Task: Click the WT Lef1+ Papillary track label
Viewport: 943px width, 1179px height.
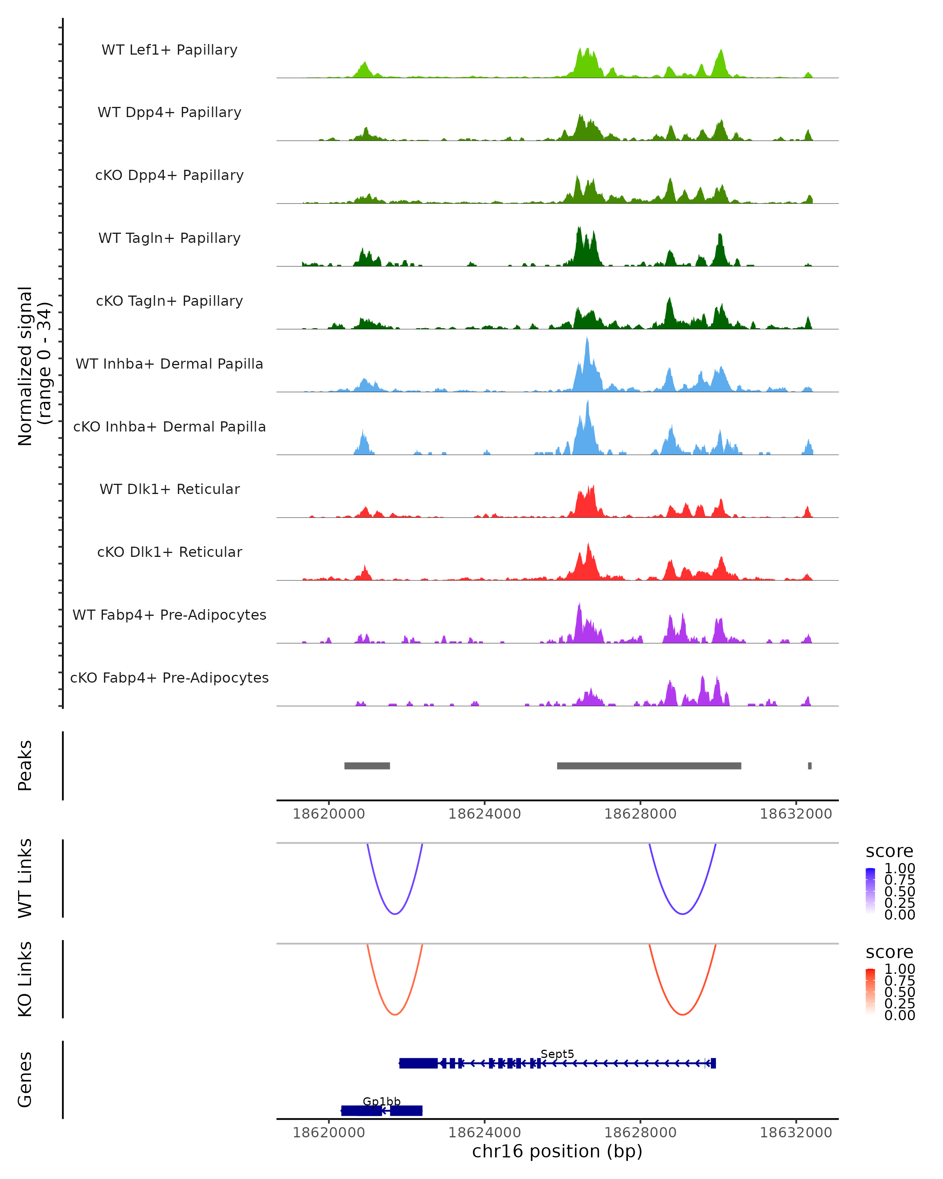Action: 169,50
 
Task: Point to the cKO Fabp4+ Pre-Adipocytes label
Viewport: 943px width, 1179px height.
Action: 169,678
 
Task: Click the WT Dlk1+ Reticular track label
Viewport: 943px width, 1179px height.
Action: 169,489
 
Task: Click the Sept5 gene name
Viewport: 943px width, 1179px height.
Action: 557,1054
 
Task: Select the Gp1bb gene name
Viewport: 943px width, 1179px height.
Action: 382,1101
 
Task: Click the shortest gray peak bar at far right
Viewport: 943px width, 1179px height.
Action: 810,766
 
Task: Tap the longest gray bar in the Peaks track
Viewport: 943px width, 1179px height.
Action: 649,766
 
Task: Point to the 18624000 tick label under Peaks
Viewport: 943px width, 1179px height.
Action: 484,814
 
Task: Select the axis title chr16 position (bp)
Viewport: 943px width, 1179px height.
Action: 557,1151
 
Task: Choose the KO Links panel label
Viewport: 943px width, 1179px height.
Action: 25,979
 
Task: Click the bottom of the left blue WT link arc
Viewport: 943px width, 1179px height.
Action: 395,913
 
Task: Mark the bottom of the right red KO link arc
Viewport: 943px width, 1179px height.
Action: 682,1014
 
